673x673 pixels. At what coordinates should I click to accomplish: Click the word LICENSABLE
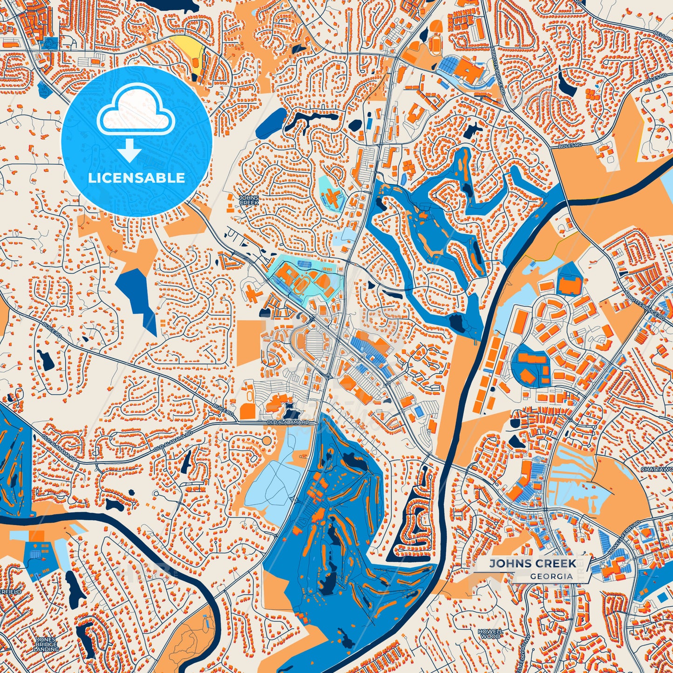coord(136,178)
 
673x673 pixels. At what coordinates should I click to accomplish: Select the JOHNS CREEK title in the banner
coord(532,564)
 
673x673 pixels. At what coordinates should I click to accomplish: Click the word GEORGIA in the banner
coord(551,576)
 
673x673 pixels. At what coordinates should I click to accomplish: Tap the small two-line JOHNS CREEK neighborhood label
coord(248,200)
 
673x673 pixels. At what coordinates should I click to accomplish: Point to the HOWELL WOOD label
coord(489,633)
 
